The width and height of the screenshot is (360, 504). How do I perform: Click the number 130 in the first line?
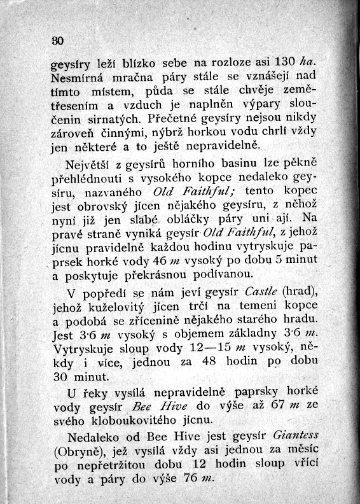284,64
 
